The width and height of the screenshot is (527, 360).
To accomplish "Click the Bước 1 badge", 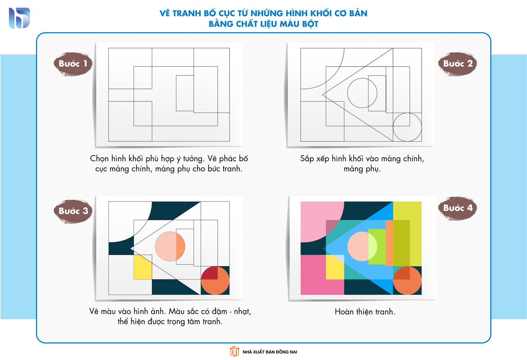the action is (73, 64).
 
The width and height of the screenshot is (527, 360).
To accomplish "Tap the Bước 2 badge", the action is (457, 64).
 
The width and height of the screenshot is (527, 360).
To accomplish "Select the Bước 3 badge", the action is (73, 211).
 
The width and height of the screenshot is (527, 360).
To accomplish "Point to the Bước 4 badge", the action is (457, 208).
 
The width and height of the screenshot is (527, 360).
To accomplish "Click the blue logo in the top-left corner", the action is (19, 18).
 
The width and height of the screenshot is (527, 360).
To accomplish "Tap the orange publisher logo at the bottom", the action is (234, 351).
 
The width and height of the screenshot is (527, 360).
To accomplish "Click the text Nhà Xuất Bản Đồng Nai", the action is (270, 352).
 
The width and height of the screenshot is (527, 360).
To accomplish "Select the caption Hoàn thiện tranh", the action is (365, 312).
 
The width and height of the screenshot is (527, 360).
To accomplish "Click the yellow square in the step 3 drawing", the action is (143, 267).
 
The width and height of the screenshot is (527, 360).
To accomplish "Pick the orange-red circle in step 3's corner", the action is (215, 280).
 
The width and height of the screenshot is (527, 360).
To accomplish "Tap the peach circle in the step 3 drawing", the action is (170, 247).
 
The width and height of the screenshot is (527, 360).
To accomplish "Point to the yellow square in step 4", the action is (335, 267).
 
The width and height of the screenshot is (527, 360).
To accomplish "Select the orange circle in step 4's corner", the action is (407, 280).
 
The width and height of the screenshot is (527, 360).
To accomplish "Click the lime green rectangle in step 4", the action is (377, 247).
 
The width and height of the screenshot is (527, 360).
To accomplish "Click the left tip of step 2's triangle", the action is (322, 95).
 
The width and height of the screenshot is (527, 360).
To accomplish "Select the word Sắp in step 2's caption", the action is (307, 159).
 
